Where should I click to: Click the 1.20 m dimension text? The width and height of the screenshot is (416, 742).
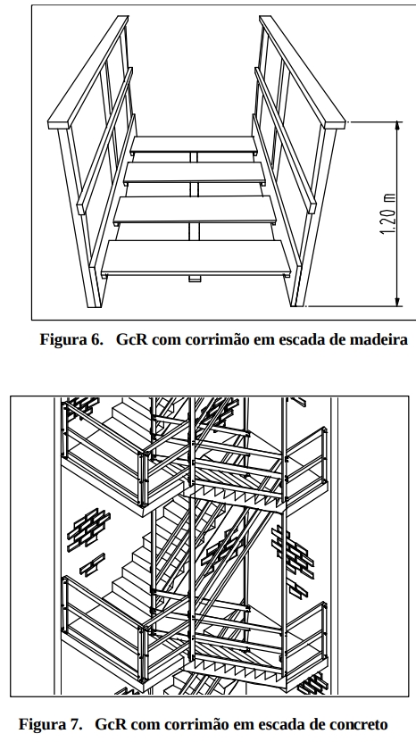point(387,214)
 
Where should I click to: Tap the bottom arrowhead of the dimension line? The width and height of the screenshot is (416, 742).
point(397,302)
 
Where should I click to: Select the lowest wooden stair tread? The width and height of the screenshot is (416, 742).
point(196,258)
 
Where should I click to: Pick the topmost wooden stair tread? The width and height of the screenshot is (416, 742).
point(194,145)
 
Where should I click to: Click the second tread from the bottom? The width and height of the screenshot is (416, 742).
point(195,210)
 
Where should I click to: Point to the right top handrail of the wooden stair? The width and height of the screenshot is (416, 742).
point(303,72)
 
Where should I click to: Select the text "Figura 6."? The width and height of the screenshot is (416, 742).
point(71,339)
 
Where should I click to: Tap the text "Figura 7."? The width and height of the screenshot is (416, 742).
point(50,724)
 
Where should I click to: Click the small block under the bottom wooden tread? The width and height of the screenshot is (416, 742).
point(195,279)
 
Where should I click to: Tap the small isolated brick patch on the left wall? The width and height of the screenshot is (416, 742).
point(92,564)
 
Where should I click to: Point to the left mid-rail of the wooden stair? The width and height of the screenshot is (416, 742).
point(105,141)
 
